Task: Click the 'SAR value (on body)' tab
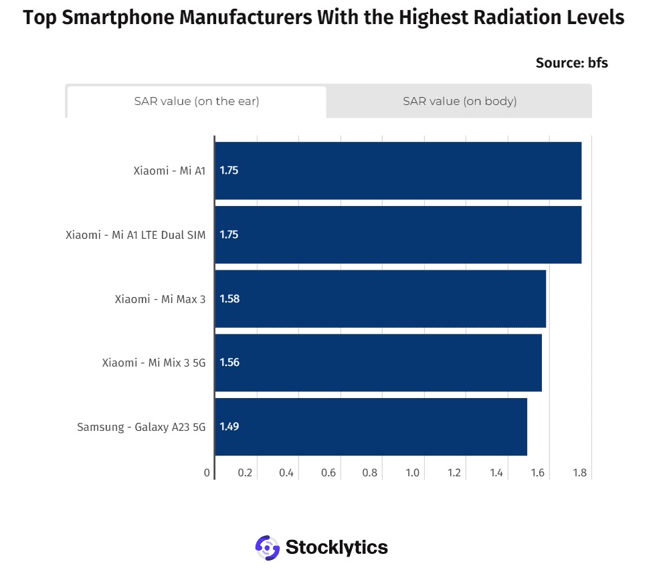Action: coord(460,101)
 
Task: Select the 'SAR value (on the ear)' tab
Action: coord(197,102)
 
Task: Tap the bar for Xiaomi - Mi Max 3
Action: coord(381,298)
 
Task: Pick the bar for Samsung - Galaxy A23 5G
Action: coord(371,427)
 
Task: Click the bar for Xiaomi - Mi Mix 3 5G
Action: coord(379,363)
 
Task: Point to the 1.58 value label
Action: coord(229,298)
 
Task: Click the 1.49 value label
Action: coord(229,426)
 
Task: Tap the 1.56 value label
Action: coord(229,362)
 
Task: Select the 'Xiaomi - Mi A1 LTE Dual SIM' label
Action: coord(136,235)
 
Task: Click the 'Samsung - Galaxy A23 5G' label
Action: coord(141,427)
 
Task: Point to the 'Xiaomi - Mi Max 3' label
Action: coord(160,299)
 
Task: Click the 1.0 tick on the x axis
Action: coord(413,473)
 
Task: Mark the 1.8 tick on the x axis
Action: coord(580,473)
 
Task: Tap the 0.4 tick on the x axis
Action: coord(286,473)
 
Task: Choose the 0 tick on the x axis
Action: coord(207,473)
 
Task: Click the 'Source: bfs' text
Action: coord(572,63)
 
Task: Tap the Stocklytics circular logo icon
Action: coord(268,547)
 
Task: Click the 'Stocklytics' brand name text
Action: coord(337,547)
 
